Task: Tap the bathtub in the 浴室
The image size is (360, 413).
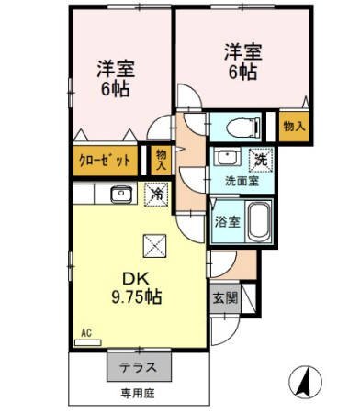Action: (259, 221)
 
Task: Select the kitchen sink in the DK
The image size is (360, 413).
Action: (122, 194)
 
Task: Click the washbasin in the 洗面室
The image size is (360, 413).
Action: (227, 157)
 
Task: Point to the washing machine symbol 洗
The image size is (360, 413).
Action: (261, 160)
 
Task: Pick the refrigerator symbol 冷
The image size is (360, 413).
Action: (156, 194)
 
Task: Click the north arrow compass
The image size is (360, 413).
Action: (305, 382)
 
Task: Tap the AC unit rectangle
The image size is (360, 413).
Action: (88, 342)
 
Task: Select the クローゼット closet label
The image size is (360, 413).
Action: (105, 161)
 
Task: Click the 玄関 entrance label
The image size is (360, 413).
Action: (225, 297)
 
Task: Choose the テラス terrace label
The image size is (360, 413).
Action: (138, 367)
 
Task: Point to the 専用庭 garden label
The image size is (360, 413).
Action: (138, 393)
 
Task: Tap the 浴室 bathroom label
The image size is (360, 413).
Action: (227, 222)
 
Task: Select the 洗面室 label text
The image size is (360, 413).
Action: (242, 182)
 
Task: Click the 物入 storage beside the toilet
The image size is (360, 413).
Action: (294, 126)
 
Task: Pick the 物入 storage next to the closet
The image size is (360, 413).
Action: (162, 160)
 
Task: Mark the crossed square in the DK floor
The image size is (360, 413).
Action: (154, 246)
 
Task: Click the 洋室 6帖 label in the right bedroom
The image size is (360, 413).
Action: (242, 61)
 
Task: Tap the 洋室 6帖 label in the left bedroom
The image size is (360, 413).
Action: (116, 78)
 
